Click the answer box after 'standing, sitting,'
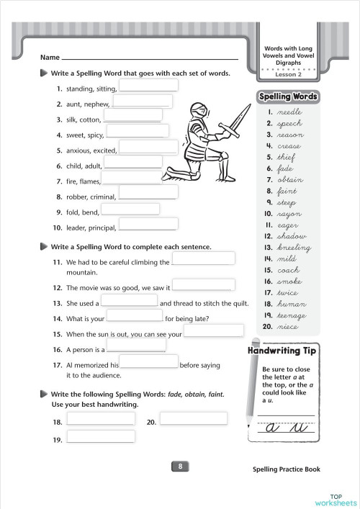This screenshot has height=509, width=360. tap(148, 86)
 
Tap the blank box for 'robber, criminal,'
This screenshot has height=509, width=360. tap(148, 192)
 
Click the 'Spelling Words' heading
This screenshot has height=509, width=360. tap(288, 96)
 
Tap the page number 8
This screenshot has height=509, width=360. tap(180, 467)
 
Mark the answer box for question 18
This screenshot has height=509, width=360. tap(101, 418)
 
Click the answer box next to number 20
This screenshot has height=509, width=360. tap(193, 418)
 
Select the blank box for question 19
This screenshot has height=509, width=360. tap(101, 436)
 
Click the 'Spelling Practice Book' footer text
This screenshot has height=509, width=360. tap(287, 469)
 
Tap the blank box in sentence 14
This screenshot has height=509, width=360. tap(135, 315)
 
